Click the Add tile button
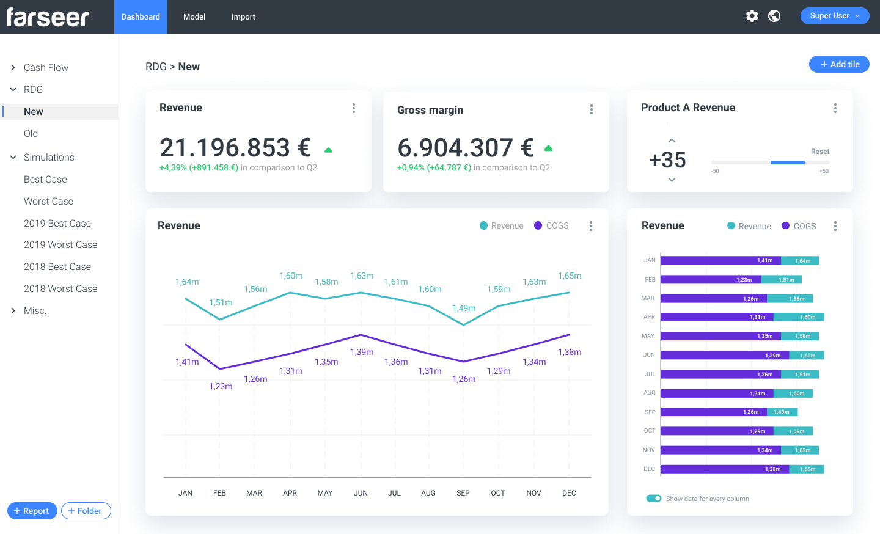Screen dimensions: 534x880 point(839,64)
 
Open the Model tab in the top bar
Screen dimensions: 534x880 point(194,17)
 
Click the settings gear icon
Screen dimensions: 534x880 point(752,16)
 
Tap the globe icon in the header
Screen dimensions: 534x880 point(774,16)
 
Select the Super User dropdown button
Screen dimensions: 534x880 point(835,16)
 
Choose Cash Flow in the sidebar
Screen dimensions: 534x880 point(46,68)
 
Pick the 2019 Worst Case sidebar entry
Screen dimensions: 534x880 point(61,245)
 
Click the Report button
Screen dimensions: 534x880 point(32,511)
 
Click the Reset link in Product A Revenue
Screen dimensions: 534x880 point(820,152)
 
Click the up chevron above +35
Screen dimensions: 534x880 point(672,141)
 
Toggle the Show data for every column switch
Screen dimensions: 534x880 point(654,499)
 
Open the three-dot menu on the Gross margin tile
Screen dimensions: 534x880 point(591,109)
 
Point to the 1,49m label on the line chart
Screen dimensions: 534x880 point(464,308)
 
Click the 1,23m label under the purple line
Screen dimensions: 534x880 point(221,386)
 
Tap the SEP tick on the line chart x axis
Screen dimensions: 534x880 point(463,493)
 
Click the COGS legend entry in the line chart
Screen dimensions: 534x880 point(551,225)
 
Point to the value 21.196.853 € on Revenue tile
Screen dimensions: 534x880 point(235,148)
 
